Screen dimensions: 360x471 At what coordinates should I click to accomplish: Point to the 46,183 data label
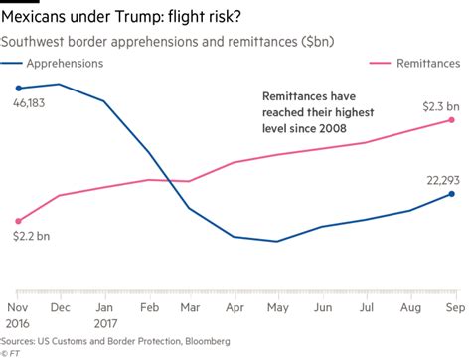point(29,103)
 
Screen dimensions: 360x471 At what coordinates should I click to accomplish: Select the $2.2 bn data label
point(29,237)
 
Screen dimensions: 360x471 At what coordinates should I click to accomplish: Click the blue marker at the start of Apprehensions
point(18,89)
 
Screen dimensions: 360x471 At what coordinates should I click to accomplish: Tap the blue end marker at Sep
point(452,194)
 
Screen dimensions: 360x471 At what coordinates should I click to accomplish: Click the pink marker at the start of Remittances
point(18,221)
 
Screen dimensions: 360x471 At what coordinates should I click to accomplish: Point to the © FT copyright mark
point(11,352)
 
